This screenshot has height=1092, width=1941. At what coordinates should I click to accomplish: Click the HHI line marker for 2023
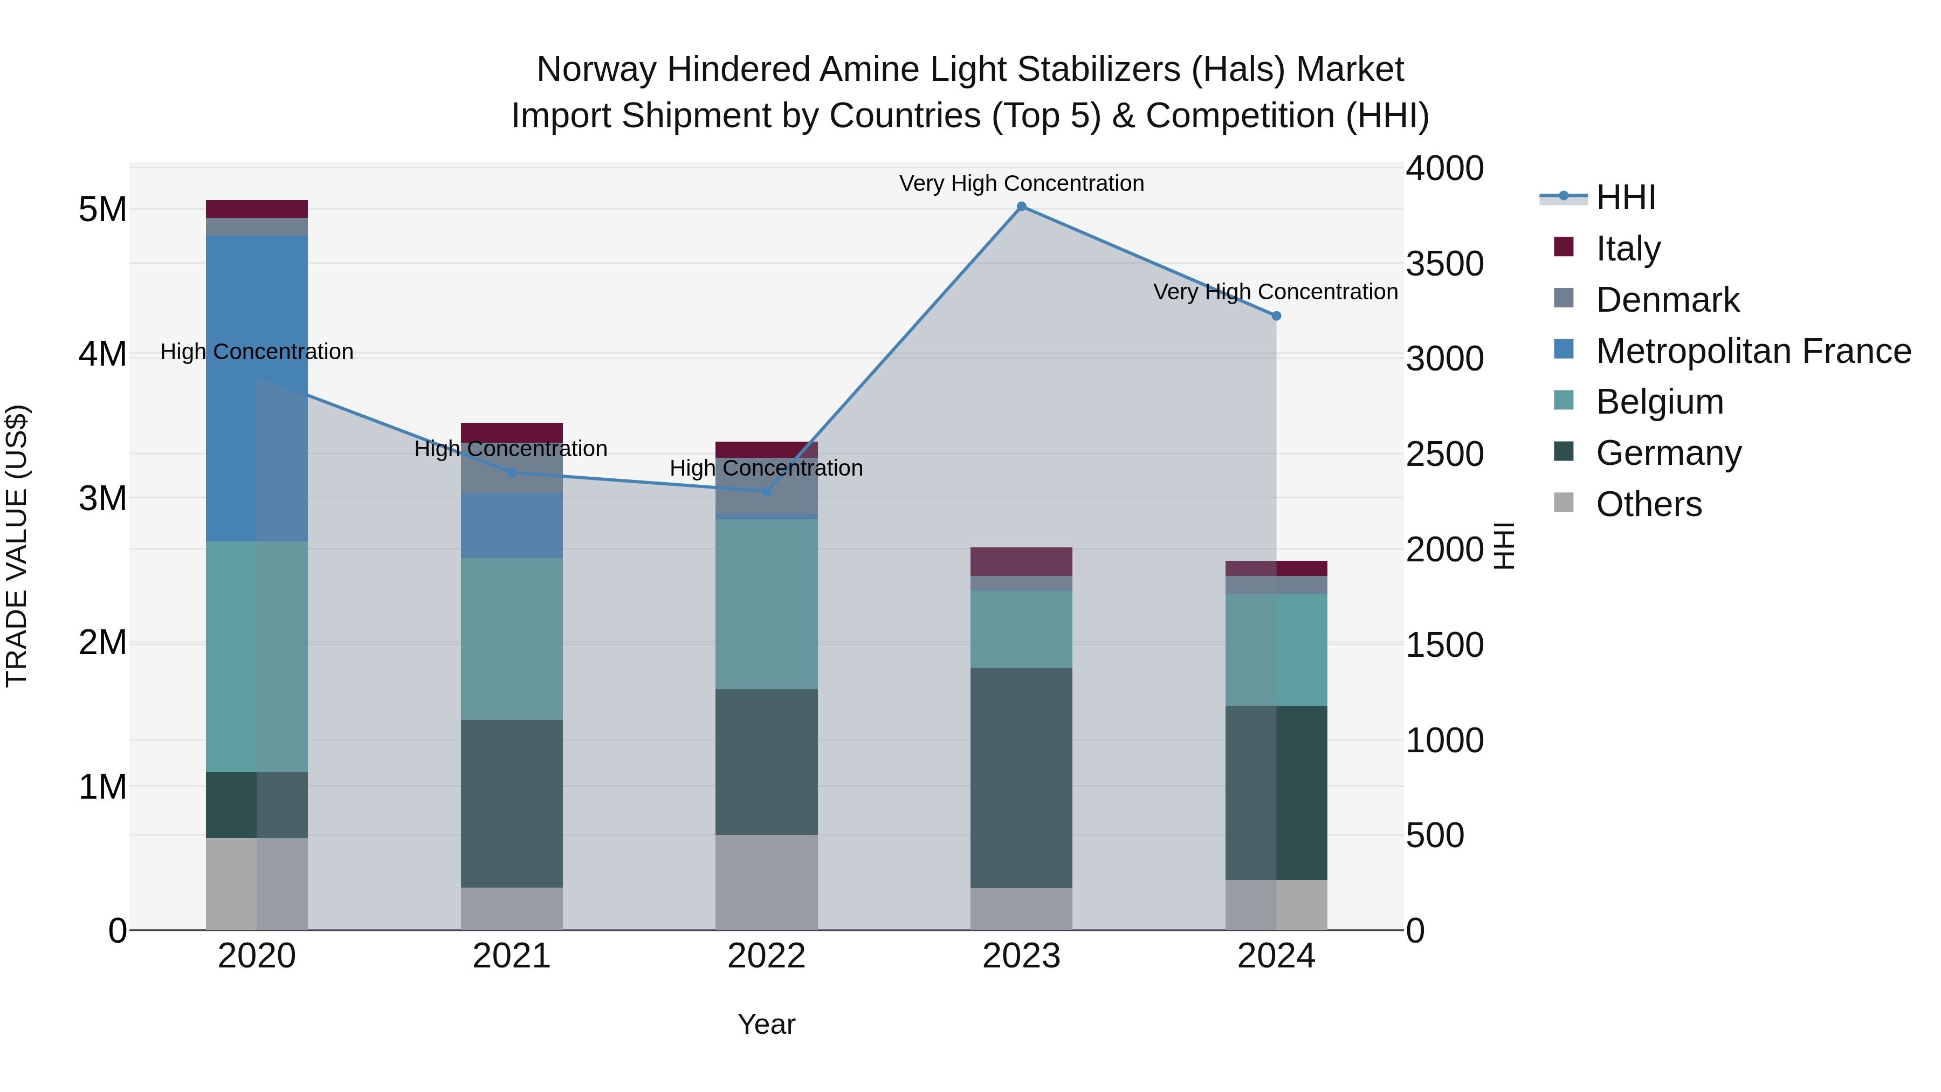pyautogui.click(x=1021, y=207)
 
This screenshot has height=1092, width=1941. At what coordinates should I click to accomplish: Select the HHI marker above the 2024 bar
pyautogui.click(x=1276, y=316)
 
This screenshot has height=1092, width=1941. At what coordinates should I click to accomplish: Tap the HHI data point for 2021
pyautogui.click(x=512, y=472)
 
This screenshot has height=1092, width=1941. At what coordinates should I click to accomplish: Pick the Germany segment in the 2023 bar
pyautogui.click(x=1021, y=777)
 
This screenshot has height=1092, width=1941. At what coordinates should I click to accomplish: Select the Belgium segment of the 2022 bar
pyautogui.click(x=766, y=603)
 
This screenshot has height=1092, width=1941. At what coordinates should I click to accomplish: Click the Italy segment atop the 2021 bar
pyautogui.click(x=512, y=432)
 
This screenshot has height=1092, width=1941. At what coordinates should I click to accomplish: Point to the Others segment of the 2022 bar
pyautogui.click(x=766, y=882)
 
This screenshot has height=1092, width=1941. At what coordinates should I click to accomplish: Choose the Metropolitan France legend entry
pyautogui.click(x=1753, y=351)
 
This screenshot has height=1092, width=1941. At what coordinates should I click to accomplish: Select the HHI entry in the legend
pyautogui.click(x=1625, y=197)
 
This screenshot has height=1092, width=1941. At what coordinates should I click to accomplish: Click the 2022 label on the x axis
pyautogui.click(x=766, y=956)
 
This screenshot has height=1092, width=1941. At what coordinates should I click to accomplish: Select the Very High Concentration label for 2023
pyautogui.click(x=1021, y=183)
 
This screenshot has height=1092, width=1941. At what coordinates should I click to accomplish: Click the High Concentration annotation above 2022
pyautogui.click(x=766, y=468)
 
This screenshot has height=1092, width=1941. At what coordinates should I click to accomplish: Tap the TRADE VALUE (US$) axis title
pyautogui.click(x=17, y=546)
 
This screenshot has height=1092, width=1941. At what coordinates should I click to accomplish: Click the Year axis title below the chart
pyautogui.click(x=766, y=1024)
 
